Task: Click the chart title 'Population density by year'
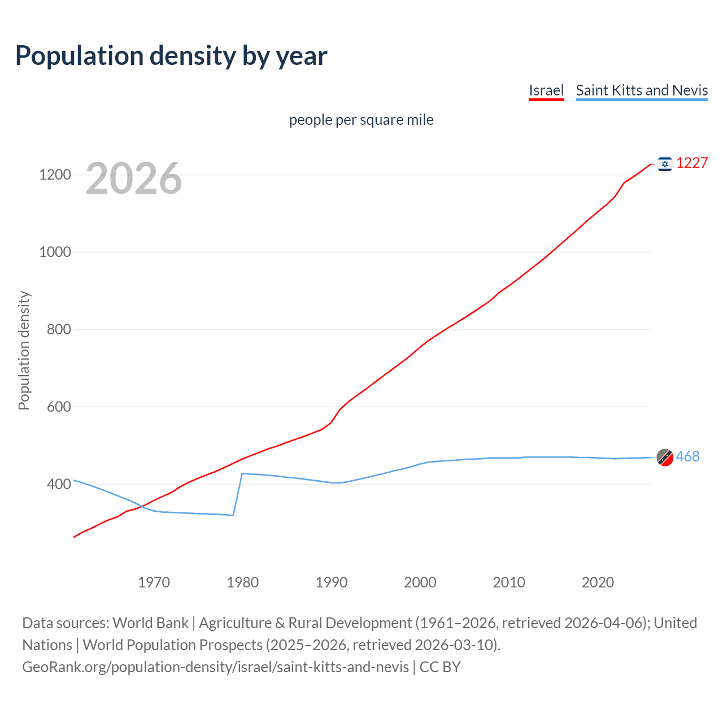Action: coord(171,56)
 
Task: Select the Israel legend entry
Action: coord(546,90)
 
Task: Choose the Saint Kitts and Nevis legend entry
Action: coord(642,90)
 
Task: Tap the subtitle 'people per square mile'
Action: coord(361,120)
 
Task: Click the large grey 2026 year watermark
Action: coord(134,178)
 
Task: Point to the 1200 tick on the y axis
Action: coord(55,175)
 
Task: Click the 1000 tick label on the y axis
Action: coord(55,252)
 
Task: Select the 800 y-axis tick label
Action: coord(59,329)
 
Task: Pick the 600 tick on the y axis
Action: coord(59,407)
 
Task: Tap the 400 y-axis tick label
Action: coord(59,484)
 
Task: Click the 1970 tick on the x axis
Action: coord(154,582)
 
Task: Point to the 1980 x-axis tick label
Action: coord(242,582)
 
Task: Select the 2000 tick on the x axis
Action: coord(420,582)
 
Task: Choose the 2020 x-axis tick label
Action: coord(598,582)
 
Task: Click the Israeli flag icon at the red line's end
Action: coord(665,164)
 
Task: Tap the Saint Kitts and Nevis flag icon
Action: coord(665,458)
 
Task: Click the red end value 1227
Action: coord(692,163)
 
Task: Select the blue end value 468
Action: coord(687,456)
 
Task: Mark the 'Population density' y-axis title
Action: coord(24,350)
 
